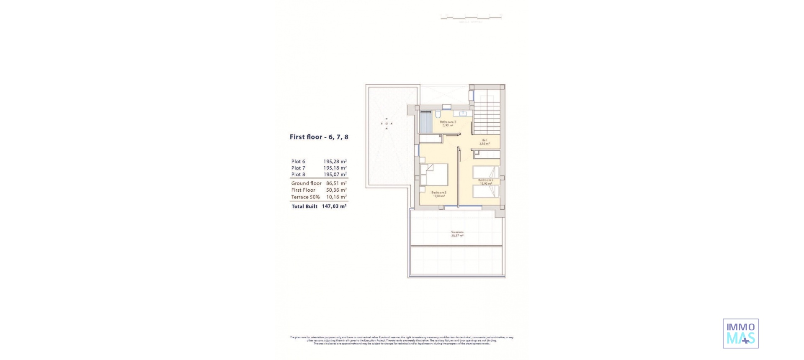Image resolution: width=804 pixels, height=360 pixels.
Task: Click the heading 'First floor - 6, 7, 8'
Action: (x=319, y=137)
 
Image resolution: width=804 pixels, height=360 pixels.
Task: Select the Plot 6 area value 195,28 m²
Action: (x=335, y=162)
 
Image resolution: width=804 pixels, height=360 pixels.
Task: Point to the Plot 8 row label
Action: (x=298, y=175)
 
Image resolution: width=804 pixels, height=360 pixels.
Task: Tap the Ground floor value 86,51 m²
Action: (x=336, y=183)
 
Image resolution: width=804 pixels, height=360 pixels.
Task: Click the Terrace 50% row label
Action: (x=305, y=197)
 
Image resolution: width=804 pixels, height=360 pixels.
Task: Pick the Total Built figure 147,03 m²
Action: (x=334, y=206)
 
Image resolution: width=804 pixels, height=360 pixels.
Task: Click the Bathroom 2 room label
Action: (x=448, y=123)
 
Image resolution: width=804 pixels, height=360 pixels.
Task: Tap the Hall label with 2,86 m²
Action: (x=484, y=142)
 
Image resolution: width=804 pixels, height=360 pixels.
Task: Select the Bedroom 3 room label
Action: (x=439, y=194)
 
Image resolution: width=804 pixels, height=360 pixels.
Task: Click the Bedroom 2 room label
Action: (x=485, y=182)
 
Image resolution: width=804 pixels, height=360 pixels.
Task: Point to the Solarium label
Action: (x=457, y=234)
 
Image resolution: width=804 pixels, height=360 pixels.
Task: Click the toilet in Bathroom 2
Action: (x=438, y=114)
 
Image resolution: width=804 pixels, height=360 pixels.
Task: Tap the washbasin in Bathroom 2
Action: (x=463, y=113)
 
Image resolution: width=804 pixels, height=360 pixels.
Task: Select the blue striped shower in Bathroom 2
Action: (x=425, y=122)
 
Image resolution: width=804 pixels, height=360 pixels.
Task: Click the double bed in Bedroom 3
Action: (x=435, y=175)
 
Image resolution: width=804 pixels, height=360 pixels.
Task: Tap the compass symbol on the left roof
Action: (x=387, y=123)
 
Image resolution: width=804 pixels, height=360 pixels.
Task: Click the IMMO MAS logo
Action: (x=740, y=333)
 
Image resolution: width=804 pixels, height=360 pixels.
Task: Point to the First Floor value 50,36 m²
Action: (x=336, y=190)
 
